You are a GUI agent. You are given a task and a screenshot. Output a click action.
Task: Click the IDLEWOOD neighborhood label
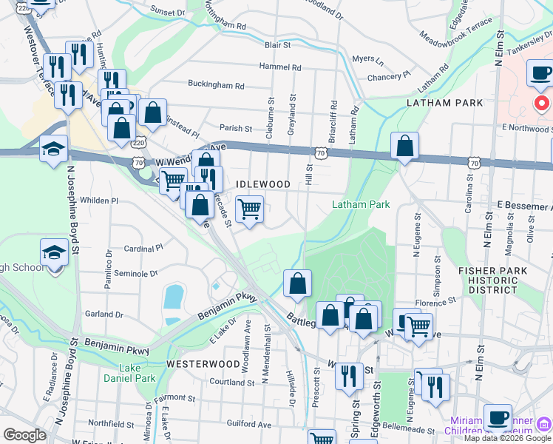262,184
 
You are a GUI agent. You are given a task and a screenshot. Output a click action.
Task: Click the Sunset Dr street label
168,13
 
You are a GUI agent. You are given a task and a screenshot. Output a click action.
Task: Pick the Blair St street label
278,45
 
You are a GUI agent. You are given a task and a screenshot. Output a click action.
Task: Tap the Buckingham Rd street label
216,84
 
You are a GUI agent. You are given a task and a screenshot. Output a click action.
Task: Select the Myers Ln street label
367,58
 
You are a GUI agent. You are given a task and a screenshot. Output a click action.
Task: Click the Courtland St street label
231,382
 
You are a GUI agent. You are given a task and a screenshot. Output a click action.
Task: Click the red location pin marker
542,102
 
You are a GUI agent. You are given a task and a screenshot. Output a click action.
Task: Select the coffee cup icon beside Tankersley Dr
541,73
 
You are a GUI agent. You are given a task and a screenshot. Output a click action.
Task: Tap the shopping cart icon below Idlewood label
250,209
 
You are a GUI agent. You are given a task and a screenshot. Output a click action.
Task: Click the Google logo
24,435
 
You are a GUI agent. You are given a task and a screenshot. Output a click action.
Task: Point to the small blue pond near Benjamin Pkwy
173,297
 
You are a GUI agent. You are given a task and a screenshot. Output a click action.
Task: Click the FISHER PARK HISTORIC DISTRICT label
492,280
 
